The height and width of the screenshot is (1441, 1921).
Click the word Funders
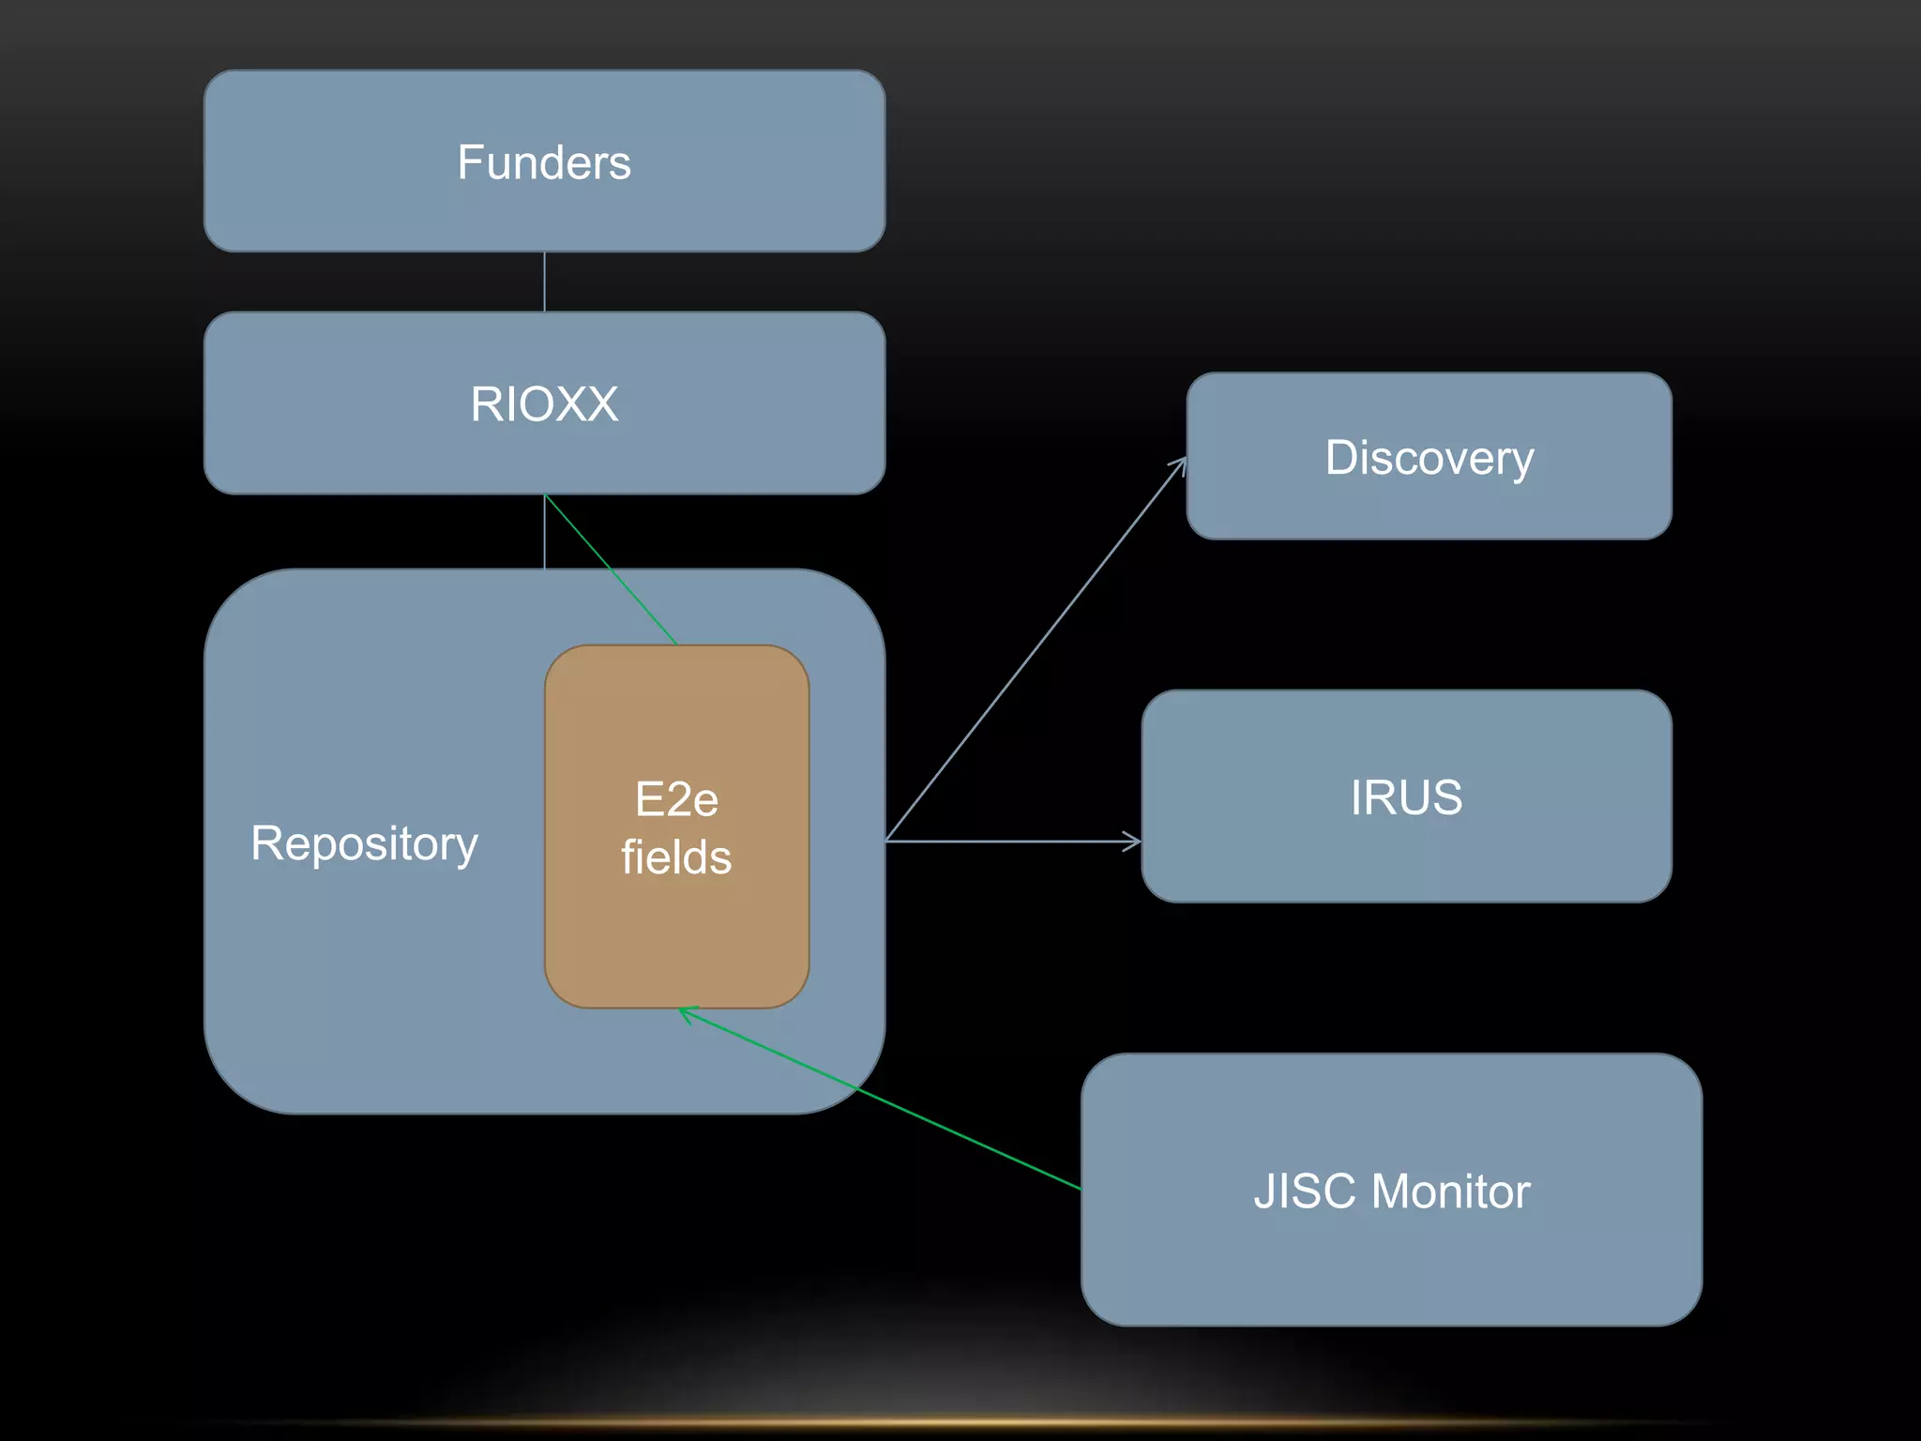click(x=544, y=162)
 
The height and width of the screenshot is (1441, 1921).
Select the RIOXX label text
click(x=544, y=404)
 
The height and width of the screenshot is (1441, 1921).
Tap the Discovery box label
click(x=1429, y=458)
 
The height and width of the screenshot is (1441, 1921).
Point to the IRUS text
click(x=1406, y=797)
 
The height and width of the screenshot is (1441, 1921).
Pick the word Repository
click(x=364, y=842)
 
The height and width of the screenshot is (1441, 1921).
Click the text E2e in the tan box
click(x=676, y=799)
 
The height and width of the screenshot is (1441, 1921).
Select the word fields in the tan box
click(x=676, y=857)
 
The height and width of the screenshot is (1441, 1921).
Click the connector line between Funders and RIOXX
click(x=544, y=281)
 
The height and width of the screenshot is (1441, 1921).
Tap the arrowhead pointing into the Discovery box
click(x=1181, y=463)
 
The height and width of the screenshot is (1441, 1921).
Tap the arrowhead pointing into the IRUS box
click(x=1134, y=842)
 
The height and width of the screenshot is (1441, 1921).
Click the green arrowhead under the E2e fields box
click(x=688, y=1013)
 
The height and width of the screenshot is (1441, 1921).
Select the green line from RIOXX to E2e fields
click(x=610, y=569)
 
